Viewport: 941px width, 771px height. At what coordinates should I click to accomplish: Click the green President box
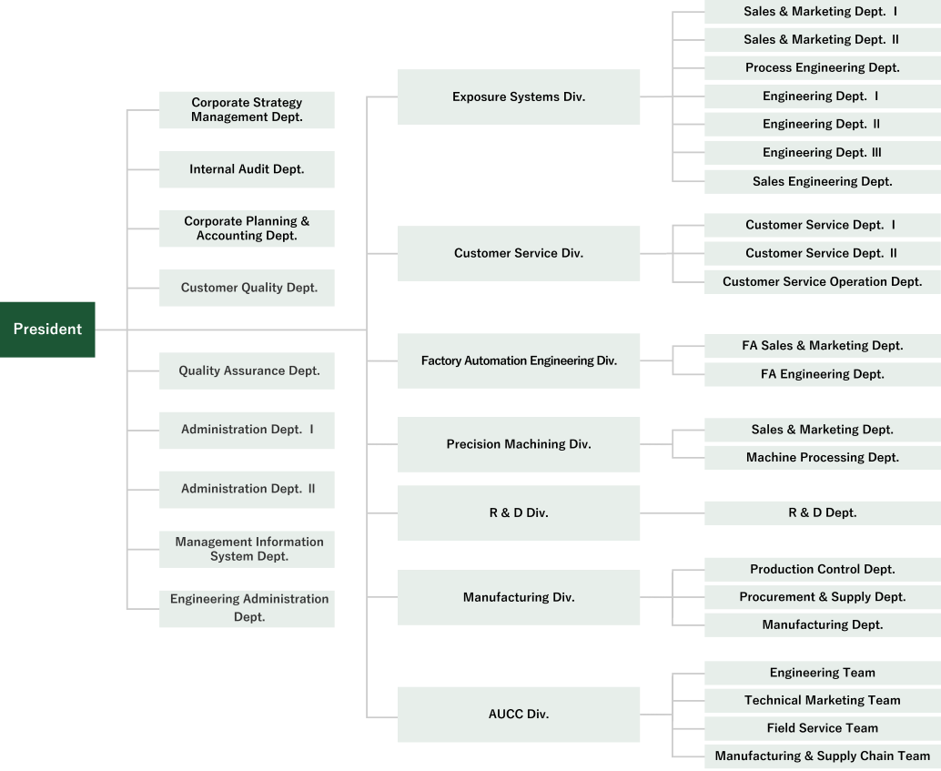click(x=47, y=330)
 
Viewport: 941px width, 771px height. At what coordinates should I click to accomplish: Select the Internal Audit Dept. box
click(x=247, y=169)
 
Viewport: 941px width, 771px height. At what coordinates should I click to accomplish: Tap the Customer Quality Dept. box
click(x=247, y=288)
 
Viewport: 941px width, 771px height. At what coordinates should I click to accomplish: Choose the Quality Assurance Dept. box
click(x=247, y=370)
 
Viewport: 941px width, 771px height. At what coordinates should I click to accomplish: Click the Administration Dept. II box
click(x=247, y=490)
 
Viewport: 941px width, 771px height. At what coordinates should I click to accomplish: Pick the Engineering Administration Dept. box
click(x=247, y=609)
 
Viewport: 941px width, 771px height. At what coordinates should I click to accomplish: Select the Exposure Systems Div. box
click(x=519, y=96)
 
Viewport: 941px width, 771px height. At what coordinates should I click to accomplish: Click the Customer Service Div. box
click(x=519, y=253)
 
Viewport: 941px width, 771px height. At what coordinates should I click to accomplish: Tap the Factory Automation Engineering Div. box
click(x=519, y=360)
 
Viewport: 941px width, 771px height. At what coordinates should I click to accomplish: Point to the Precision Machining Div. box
click(x=519, y=444)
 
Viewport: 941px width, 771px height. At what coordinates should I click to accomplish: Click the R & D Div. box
click(x=519, y=512)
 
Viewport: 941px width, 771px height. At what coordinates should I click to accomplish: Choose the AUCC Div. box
click(x=519, y=715)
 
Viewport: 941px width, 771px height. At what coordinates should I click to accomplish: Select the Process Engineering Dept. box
click(x=823, y=68)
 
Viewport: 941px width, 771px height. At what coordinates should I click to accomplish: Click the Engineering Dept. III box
click(x=823, y=153)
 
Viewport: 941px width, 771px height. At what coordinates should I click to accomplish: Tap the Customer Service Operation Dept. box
click(x=823, y=282)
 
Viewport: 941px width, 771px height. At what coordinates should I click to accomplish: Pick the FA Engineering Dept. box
click(x=823, y=375)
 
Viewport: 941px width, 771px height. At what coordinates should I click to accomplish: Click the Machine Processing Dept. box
click(x=823, y=458)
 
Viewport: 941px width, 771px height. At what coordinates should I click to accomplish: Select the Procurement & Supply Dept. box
click(x=823, y=597)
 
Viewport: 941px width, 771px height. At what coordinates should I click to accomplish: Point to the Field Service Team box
click(x=823, y=728)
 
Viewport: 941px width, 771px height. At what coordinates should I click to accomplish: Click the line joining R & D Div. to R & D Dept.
click(x=673, y=513)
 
